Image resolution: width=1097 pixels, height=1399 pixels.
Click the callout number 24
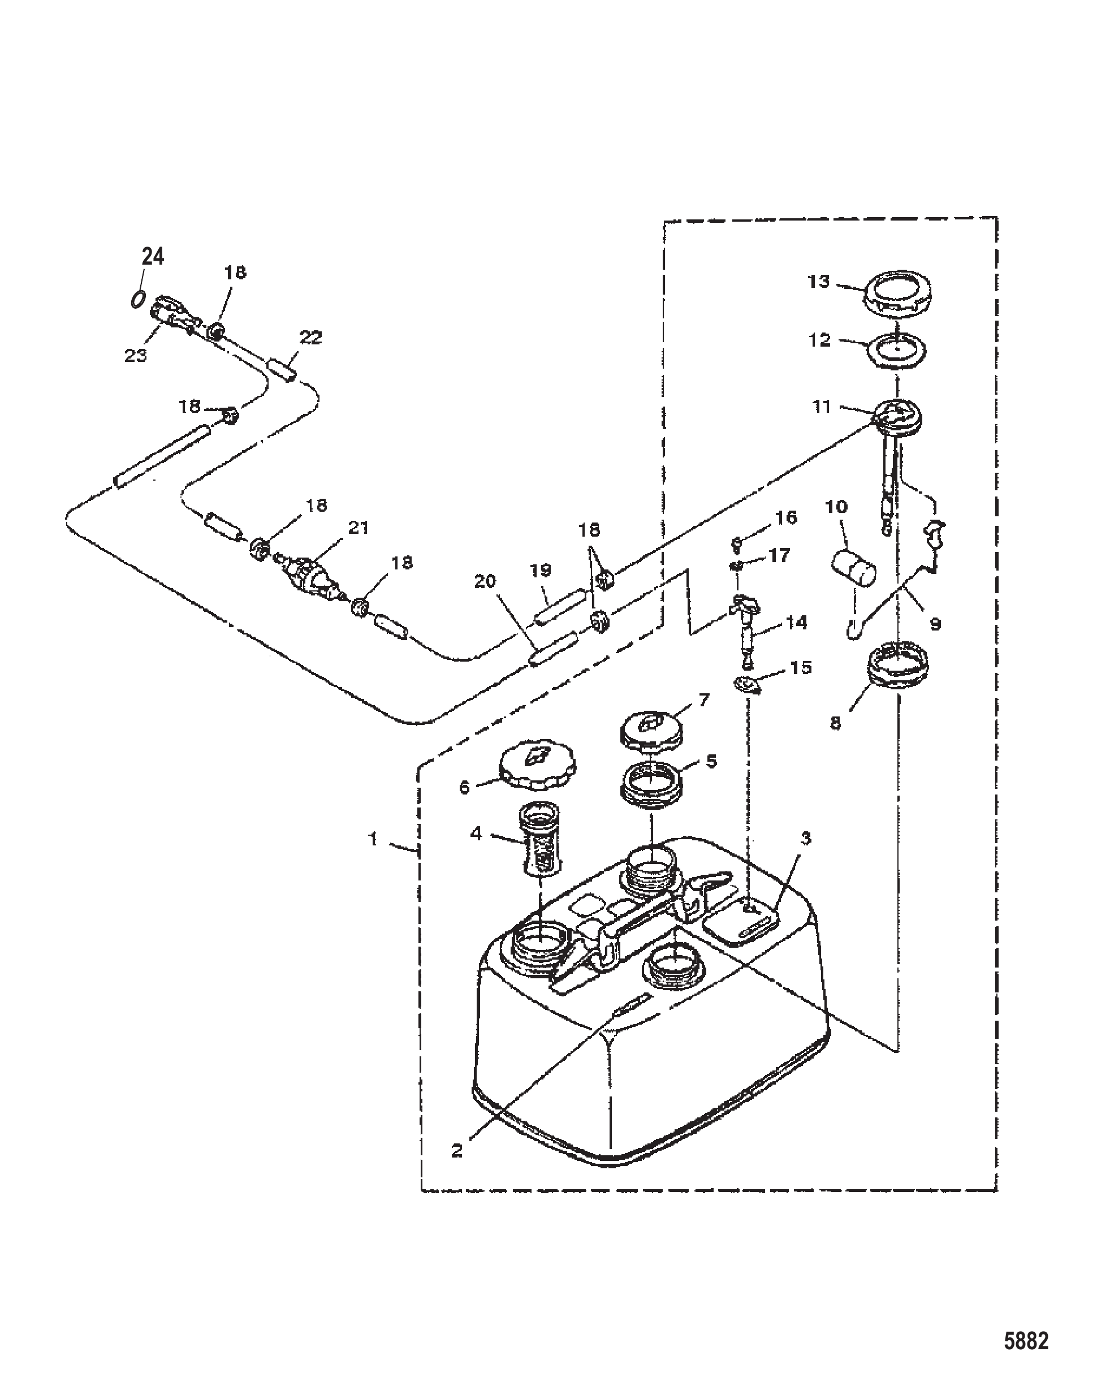(x=153, y=257)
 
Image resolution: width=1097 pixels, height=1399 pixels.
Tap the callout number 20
(x=486, y=581)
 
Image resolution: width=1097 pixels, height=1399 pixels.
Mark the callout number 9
(x=935, y=623)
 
